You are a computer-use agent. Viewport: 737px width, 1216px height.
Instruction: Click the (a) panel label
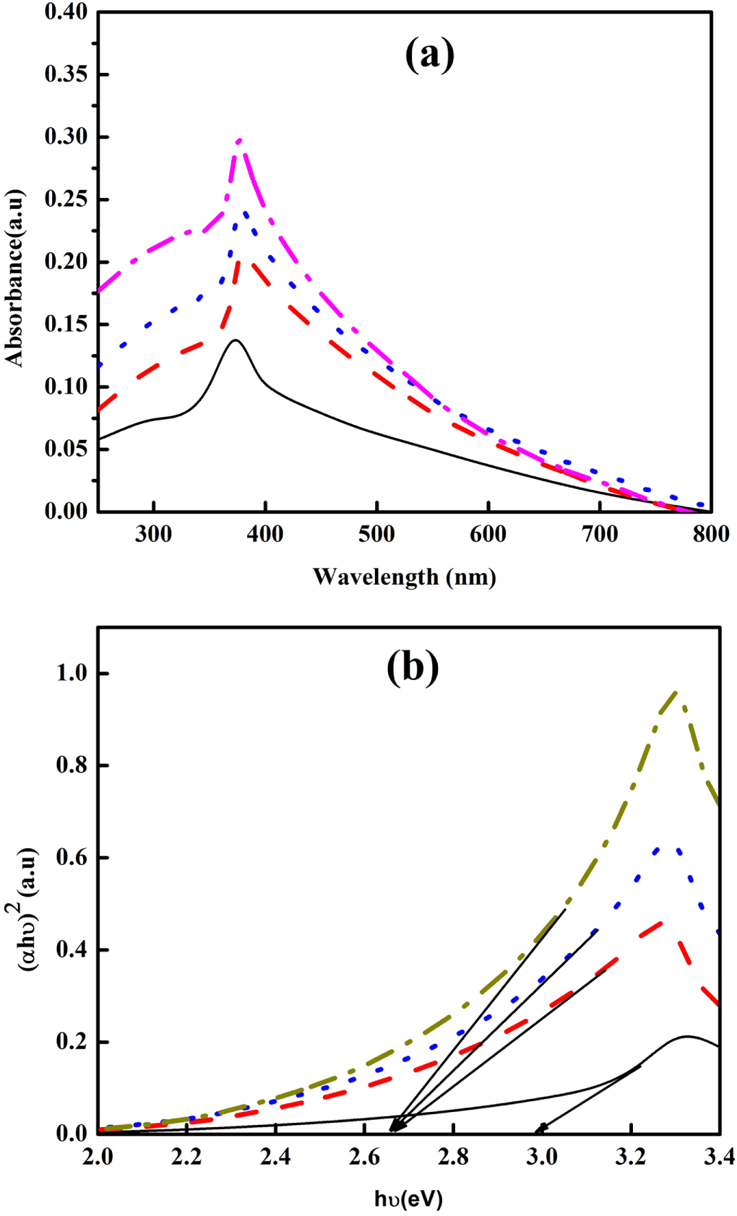tap(429, 54)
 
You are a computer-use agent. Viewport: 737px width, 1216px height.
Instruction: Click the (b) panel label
tap(413, 667)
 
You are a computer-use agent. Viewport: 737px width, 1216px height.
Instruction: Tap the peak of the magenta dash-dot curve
tap(239, 141)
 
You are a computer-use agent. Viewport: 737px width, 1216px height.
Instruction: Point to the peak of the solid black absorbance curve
tap(235, 340)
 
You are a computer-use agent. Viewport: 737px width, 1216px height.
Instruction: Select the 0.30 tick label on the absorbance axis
tap(66, 136)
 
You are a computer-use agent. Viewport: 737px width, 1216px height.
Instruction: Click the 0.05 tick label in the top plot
tap(66, 448)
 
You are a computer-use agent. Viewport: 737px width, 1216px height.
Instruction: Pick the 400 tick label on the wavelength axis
tap(265, 534)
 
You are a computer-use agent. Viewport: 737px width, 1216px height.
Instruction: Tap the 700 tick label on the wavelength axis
tap(600, 534)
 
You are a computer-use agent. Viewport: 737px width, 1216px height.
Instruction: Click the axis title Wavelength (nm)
tap(404, 577)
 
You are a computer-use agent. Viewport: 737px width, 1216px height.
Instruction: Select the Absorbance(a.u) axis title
tap(14, 278)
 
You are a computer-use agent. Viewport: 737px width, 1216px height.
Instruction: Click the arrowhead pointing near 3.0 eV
tap(538, 1129)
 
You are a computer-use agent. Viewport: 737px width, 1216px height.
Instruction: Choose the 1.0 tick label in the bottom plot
tap(72, 673)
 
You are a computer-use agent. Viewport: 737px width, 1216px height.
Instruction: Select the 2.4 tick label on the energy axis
tap(275, 1157)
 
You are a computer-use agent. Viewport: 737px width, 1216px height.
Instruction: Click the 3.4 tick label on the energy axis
tap(719, 1157)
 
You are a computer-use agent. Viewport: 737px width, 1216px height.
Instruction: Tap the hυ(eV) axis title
tap(408, 1199)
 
